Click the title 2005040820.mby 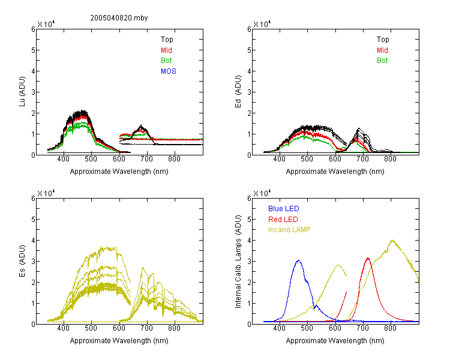(119, 18)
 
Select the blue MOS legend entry (169, 71)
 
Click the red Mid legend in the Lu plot (166, 50)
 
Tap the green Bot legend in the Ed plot (382, 61)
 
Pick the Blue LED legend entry (284, 209)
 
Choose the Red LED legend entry (283, 220)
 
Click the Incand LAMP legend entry (289, 230)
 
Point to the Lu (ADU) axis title (22, 92)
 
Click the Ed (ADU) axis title (238, 92)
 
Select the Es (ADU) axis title (22, 260)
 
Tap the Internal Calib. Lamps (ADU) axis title (238, 262)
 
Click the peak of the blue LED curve (298, 260)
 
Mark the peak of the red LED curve (368, 258)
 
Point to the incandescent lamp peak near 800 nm (392, 240)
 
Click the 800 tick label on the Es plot (174, 328)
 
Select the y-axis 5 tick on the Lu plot (33, 50)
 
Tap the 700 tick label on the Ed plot (363, 159)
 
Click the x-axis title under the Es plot (119, 341)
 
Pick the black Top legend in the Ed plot (383, 40)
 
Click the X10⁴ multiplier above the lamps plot (262, 193)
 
